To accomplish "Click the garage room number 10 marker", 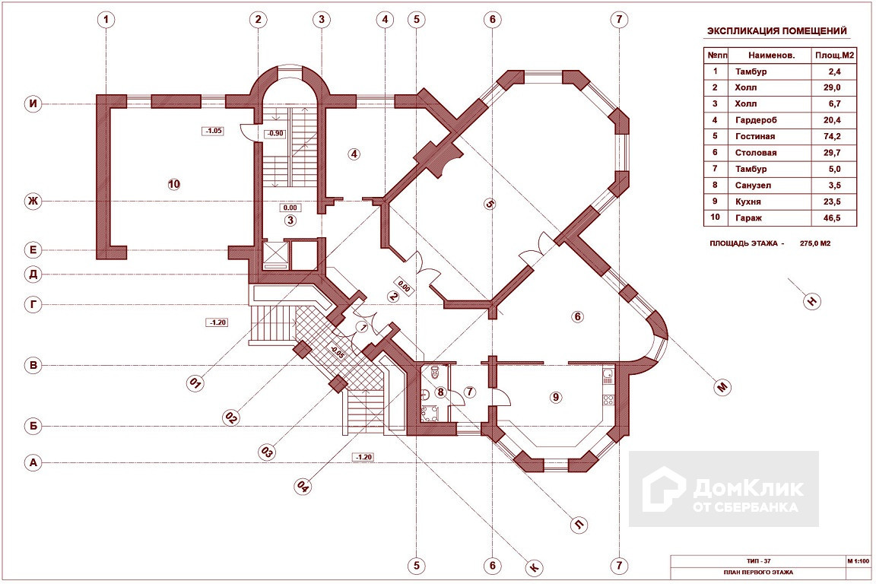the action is pos(174,183).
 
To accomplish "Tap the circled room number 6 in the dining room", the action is pos(577,316).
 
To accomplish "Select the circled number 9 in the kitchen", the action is pos(557,397).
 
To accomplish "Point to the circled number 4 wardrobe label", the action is pos(354,154).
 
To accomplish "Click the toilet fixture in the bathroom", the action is pos(433,373).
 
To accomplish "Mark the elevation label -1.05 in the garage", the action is pos(213,131).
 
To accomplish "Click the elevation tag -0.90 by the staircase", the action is pos(275,134).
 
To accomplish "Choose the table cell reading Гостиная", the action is pos(755,136).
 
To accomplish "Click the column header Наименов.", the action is pos(771,55).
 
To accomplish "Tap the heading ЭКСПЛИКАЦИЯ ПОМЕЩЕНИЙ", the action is pos(777,31).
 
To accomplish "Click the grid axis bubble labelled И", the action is pos(32,104).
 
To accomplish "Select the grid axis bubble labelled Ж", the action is pos(32,202).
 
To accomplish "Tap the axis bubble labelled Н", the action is pos(813,302).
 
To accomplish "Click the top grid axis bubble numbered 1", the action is pos(106,20).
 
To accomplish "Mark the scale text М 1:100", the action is pos(860,560).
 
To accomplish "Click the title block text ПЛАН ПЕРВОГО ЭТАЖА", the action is pos(751,573).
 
